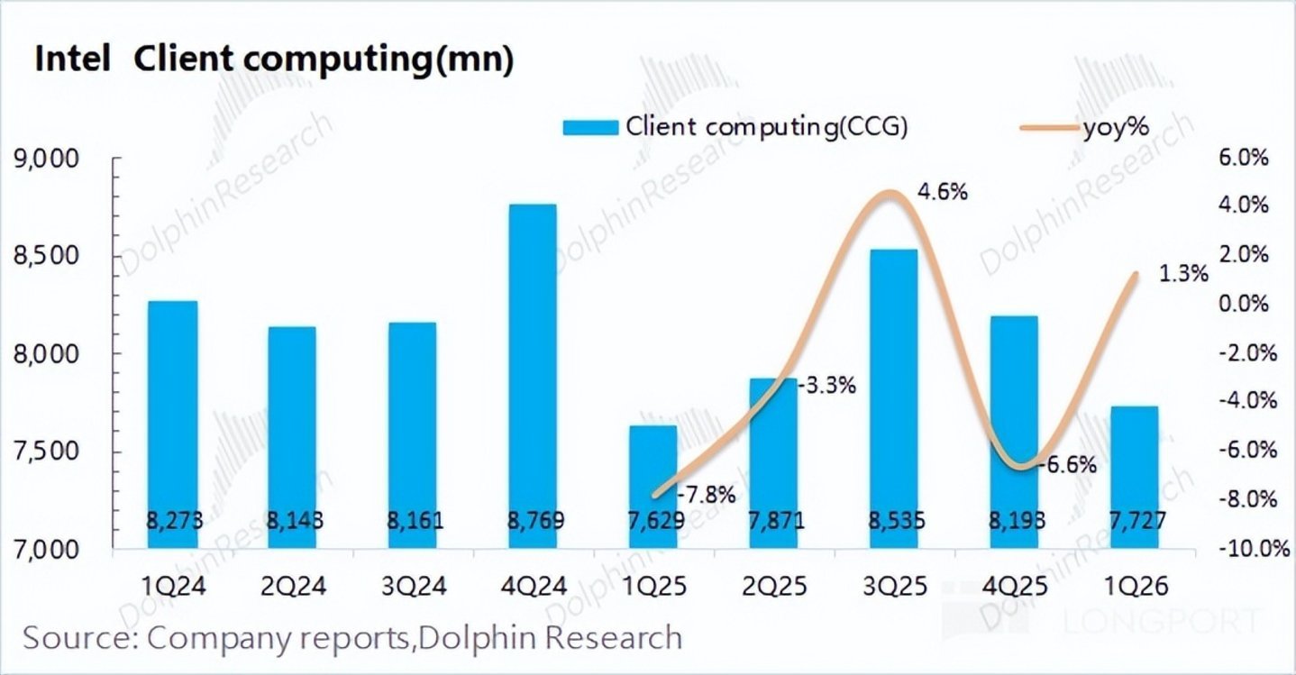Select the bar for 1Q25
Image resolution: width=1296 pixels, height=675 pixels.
[x=653, y=487]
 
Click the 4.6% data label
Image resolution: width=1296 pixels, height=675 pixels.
[x=943, y=191]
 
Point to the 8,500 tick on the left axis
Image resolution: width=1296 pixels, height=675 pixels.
[x=55, y=257]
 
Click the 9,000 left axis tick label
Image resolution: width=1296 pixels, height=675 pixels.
[x=55, y=160]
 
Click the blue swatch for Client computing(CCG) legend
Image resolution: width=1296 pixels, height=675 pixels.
[x=590, y=127]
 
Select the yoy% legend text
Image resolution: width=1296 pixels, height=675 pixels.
[x=1116, y=127]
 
